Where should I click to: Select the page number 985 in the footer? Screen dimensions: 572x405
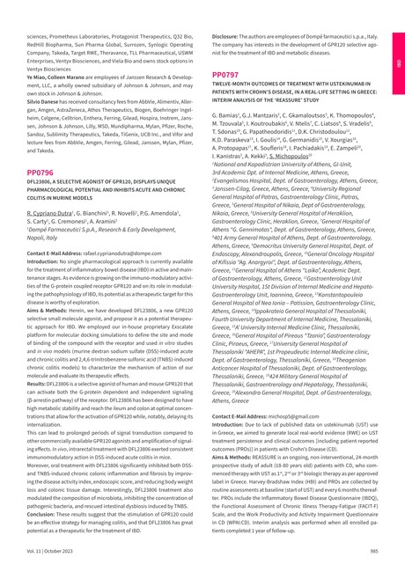click(x=373, y=550)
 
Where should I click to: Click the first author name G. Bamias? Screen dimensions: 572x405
click(x=229, y=114)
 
